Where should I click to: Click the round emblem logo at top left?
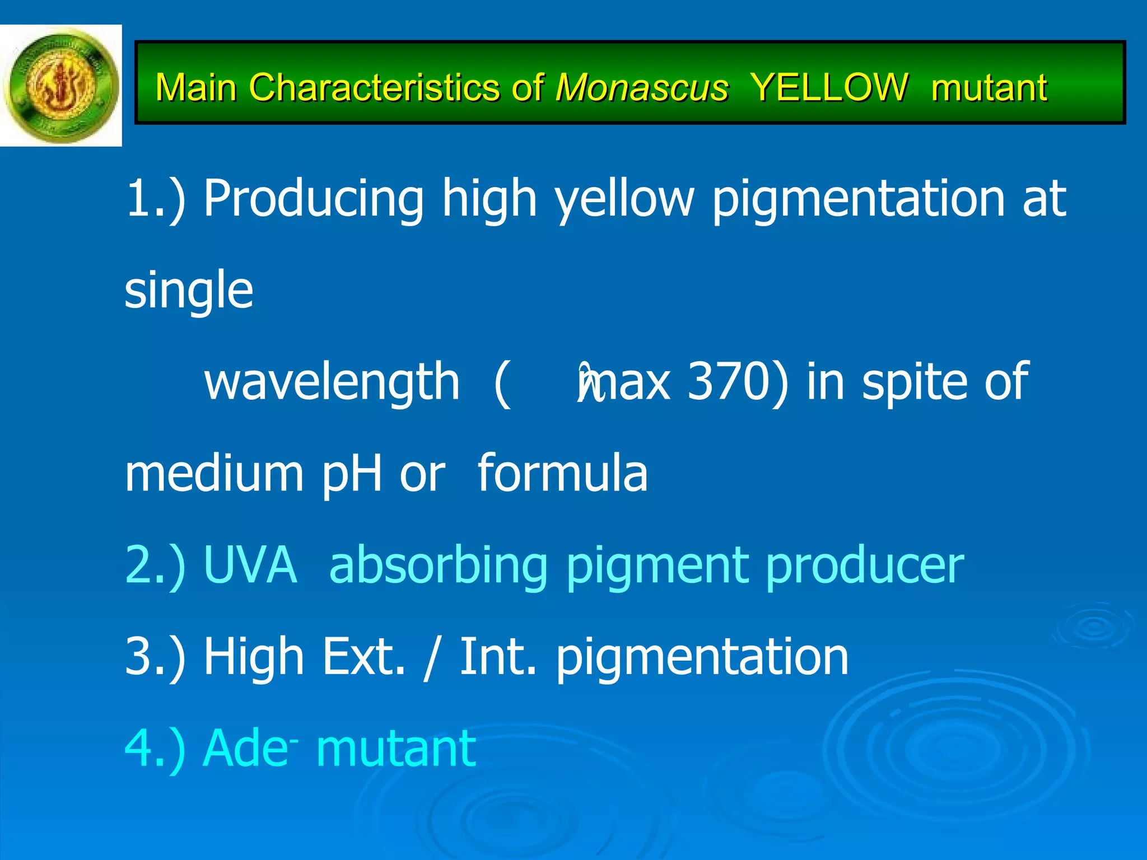pos(61,86)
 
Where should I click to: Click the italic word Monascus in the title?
pos(642,88)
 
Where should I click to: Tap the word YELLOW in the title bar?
pos(829,88)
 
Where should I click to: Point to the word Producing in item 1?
pos(313,199)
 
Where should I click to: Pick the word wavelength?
pos(332,382)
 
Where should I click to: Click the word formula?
pos(562,473)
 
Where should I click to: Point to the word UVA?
pos(250,565)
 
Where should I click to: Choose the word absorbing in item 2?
pos(438,566)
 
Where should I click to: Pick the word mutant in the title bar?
pos(989,88)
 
